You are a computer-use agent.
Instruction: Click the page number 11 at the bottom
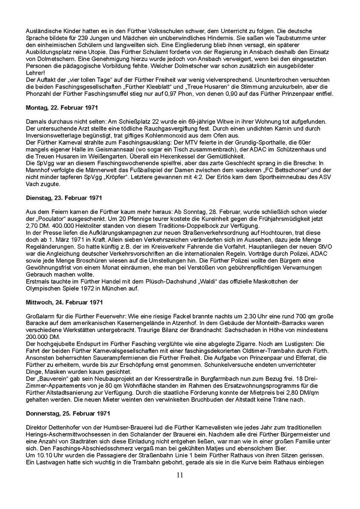click(x=180, y=475)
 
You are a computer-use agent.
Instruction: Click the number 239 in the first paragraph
click(x=76, y=37)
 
